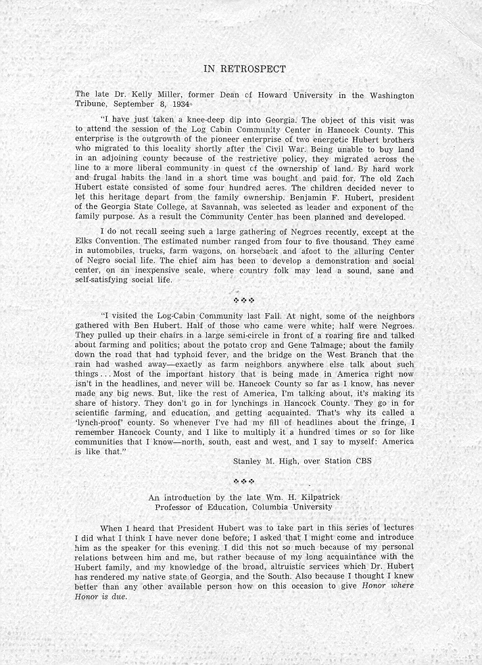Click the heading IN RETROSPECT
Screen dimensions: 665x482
244,69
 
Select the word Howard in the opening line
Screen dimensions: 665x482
253,95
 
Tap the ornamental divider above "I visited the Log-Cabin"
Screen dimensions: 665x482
244,299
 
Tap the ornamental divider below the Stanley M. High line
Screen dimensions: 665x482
244,481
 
